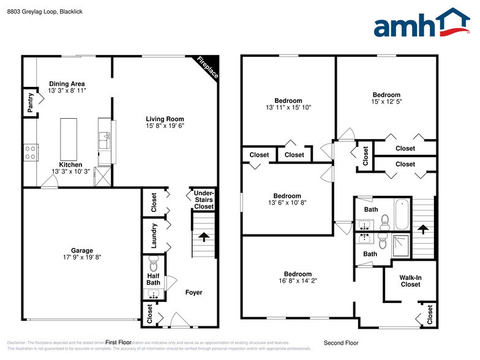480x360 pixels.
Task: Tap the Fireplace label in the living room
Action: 207,68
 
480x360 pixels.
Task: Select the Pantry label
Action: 30,102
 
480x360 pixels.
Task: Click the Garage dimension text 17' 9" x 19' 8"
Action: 81,257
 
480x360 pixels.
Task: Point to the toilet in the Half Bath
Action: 152,265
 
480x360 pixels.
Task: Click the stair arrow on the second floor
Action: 422,228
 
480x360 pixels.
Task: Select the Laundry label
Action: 154,234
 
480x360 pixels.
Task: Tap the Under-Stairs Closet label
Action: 204,200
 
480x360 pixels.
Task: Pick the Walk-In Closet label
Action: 410,280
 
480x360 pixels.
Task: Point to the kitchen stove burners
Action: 31,151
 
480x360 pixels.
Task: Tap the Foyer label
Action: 193,293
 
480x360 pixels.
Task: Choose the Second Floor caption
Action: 341,343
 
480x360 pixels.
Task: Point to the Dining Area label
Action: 67,83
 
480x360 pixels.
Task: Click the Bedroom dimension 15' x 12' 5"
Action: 386,102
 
